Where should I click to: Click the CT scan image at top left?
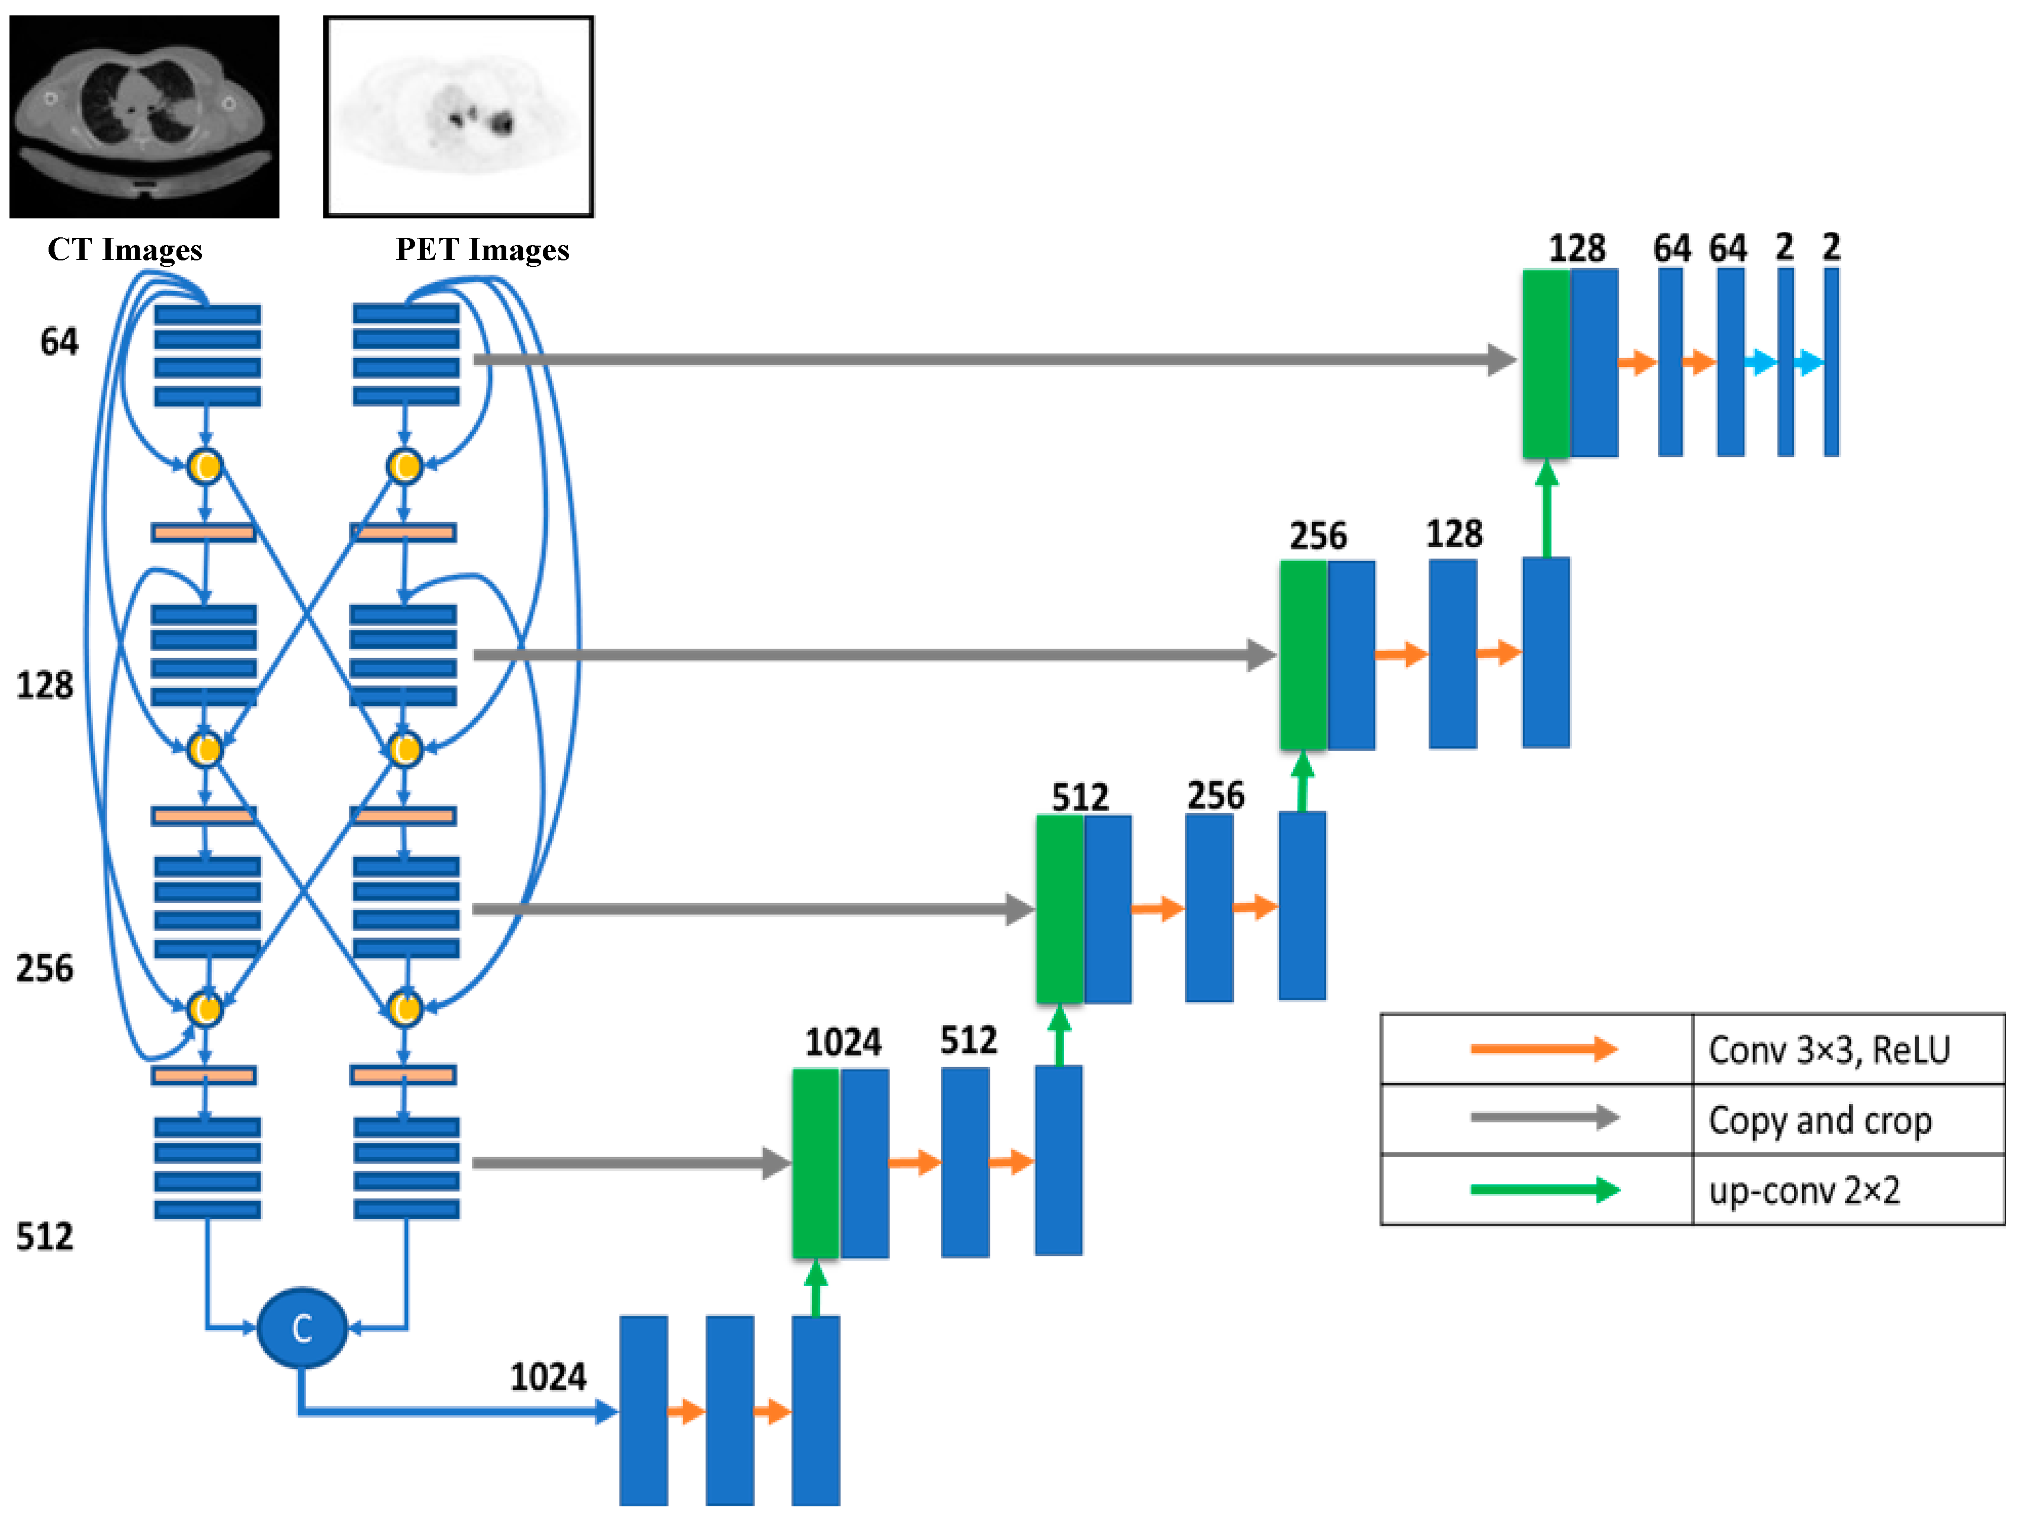tap(144, 116)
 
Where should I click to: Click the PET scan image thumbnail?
tap(458, 116)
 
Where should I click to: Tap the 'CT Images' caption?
tap(124, 249)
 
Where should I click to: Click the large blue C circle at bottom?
tap(302, 1328)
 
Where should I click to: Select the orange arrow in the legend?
tap(1542, 1049)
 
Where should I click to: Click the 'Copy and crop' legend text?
tap(1819, 1120)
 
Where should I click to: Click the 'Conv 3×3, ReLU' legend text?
tap(1828, 1049)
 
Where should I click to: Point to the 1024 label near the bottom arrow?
tap(548, 1376)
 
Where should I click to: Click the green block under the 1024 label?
tap(815, 1164)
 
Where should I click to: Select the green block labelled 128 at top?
tap(1545, 363)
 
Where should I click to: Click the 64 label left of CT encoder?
tap(59, 342)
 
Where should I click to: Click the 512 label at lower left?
tap(44, 1236)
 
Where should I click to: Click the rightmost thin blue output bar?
tap(1831, 362)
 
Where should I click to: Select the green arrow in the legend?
tap(1542, 1190)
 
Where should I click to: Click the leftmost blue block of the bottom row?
tap(644, 1410)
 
